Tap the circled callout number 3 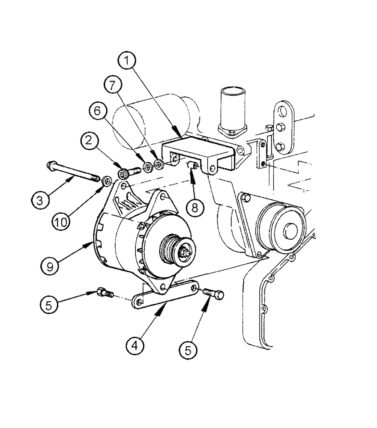coord(39,200)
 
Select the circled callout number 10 coord(62,222)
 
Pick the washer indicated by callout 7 coord(159,164)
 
